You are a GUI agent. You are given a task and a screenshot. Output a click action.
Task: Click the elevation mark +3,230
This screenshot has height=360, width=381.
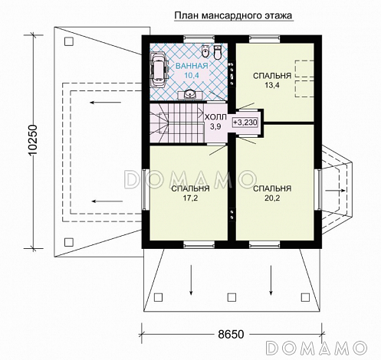[x=245, y=122]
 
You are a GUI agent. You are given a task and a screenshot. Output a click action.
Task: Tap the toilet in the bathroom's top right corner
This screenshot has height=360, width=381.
[x=218, y=52]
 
